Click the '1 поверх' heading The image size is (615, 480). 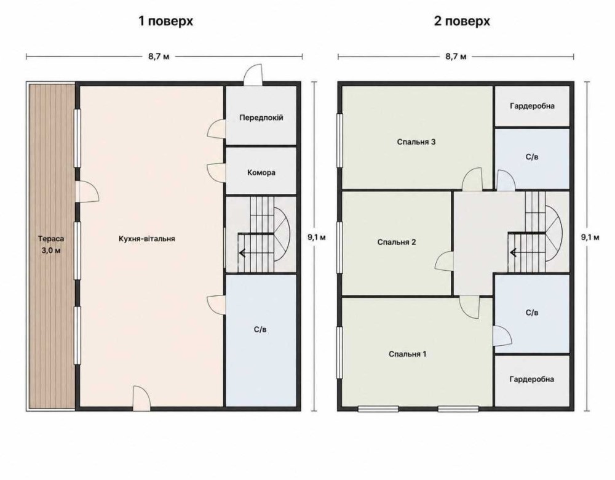(165, 21)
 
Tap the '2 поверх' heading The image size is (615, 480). (462, 21)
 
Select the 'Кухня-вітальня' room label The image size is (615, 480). (147, 239)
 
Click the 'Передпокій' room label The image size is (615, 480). (261, 118)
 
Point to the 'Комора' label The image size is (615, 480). (261, 173)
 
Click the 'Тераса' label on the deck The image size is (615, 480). (51, 239)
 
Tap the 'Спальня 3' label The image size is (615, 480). (416, 142)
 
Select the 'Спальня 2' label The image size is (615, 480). (397, 242)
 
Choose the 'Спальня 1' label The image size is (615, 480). (408, 354)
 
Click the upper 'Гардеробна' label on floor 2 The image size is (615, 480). (532, 106)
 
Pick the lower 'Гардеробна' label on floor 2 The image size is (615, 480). (532, 379)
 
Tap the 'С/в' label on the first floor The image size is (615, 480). (260, 330)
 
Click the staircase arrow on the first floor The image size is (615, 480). (242, 253)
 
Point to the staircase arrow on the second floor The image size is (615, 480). (513, 253)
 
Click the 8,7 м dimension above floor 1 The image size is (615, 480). (159, 57)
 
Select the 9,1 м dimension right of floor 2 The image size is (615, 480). (590, 237)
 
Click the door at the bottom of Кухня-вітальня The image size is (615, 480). (141, 397)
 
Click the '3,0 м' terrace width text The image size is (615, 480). (51, 250)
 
